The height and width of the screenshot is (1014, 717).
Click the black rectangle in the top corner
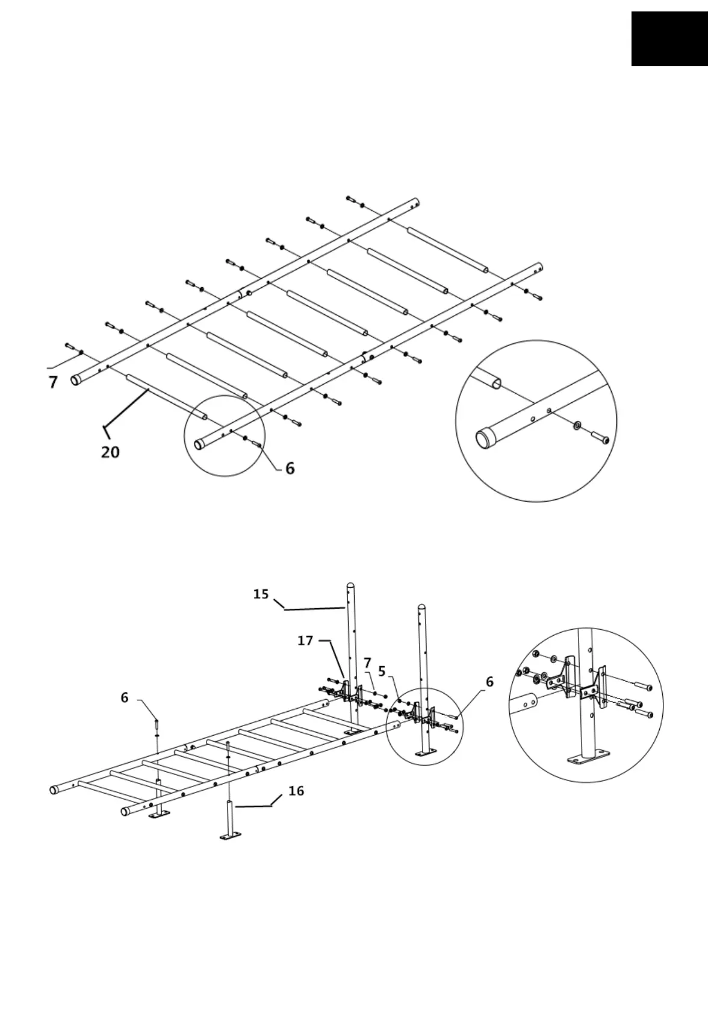[x=669, y=39]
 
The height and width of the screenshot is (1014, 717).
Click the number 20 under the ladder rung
[x=110, y=452]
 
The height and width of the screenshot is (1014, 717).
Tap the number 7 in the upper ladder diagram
[x=53, y=382]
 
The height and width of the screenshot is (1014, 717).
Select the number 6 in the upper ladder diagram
[x=290, y=468]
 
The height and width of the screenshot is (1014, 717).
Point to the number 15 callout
[x=261, y=594]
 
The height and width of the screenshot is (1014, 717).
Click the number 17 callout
[x=305, y=641]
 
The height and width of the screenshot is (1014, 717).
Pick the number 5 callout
[x=382, y=670]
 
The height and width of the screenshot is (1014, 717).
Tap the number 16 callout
[x=296, y=791]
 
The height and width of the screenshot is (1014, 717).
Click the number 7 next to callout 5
[x=367, y=662]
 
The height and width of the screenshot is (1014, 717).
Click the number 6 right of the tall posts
[x=489, y=682]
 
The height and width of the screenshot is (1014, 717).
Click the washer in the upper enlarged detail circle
[x=577, y=426]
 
